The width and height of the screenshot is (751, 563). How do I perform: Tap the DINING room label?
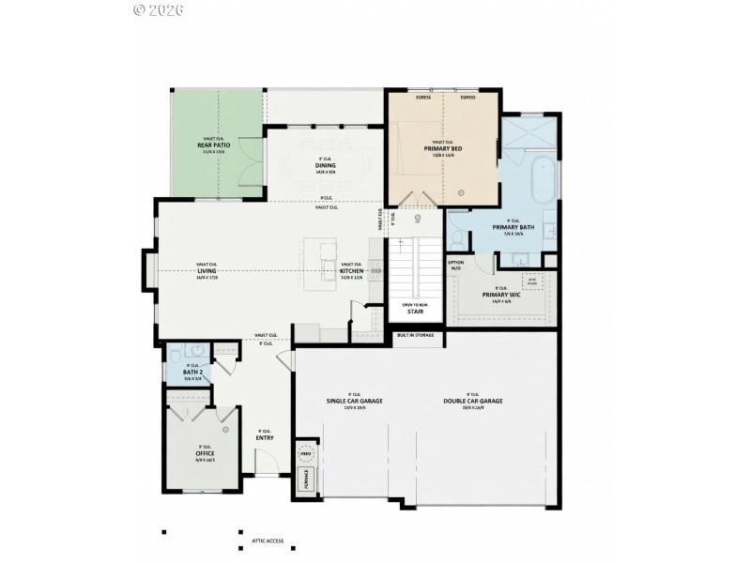tap(326, 166)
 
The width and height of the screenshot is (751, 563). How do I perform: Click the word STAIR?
tap(415, 312)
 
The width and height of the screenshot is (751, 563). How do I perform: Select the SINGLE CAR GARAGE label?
tap(354, 401)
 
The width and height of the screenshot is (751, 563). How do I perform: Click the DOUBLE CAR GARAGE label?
tap(473, 401)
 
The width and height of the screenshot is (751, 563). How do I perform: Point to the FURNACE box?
tap(305, 480)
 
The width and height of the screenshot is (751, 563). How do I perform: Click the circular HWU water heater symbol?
tap(304, 454)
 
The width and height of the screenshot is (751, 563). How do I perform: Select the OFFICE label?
tap(205, 453)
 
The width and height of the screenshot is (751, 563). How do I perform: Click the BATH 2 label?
tap(192, 373)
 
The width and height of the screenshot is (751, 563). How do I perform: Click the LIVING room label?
tap(207, 271)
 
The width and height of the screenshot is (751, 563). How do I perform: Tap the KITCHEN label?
tap(351, 271)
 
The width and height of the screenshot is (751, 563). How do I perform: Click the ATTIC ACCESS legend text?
tap(268, 541)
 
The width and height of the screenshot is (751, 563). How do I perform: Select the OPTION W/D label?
tap(456, 266)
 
